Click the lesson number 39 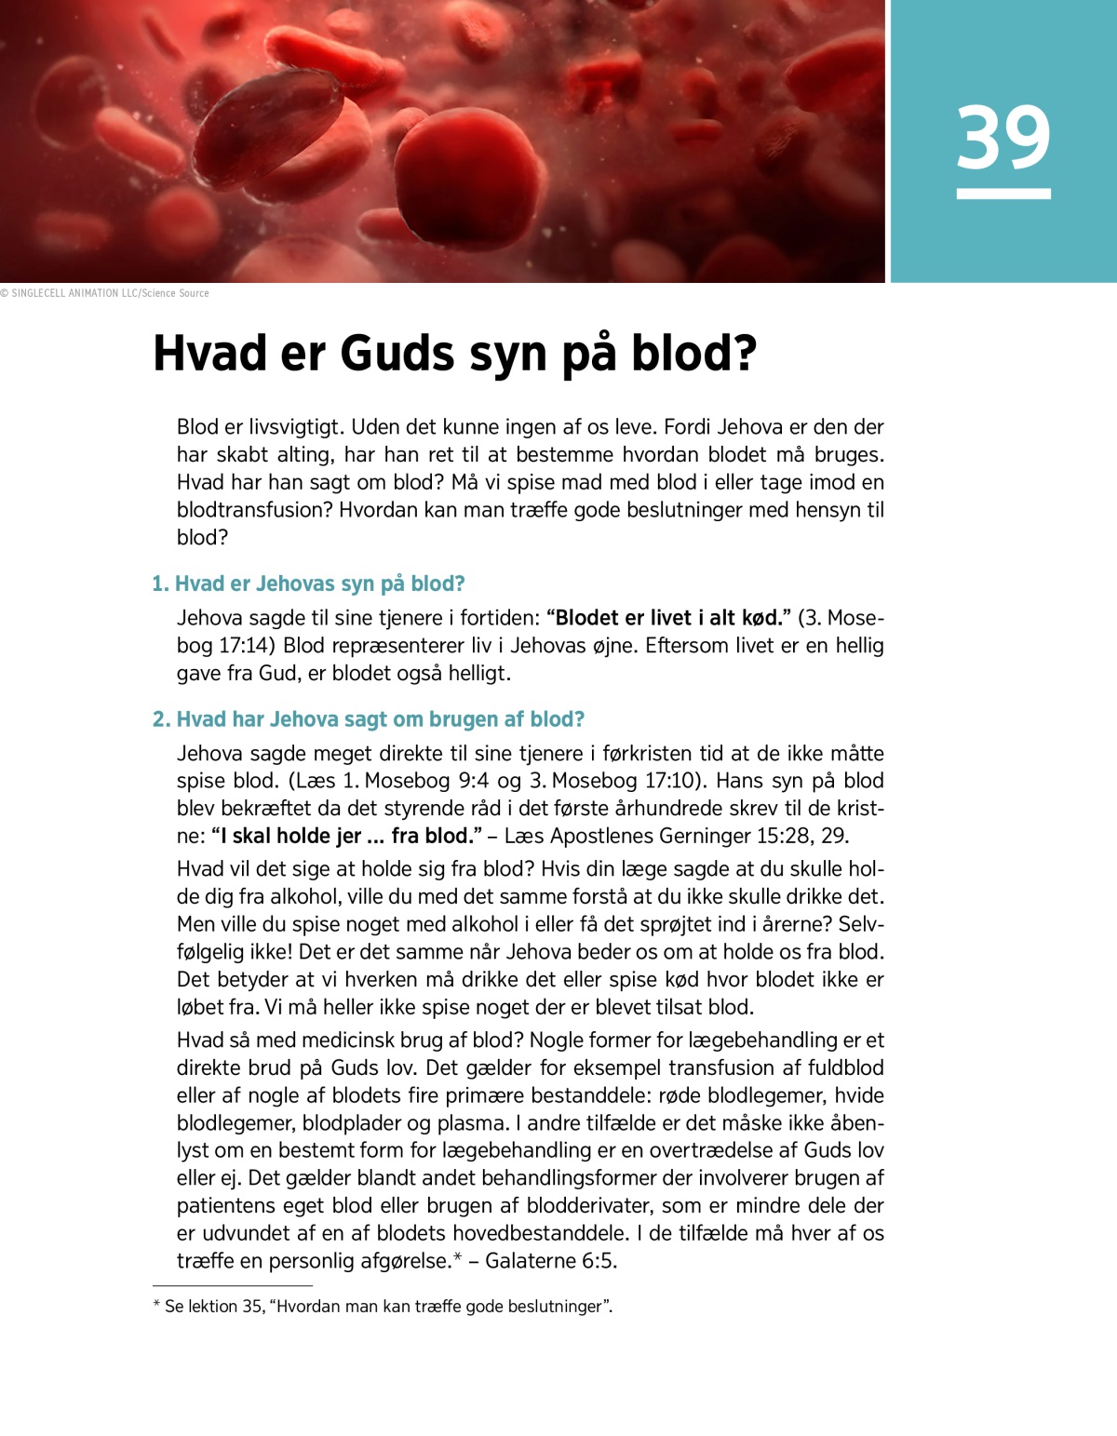[x=1003, y=138]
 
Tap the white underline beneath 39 [x=1003, y=194]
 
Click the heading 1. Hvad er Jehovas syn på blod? [x=308, y=584]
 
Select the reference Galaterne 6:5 [x=551, y=1261]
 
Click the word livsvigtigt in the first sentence [x=293, y=427]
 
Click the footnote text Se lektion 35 [x=214, y=1307]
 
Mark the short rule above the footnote [x=232, y=1285]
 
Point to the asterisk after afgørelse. [x=458, y=1258]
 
